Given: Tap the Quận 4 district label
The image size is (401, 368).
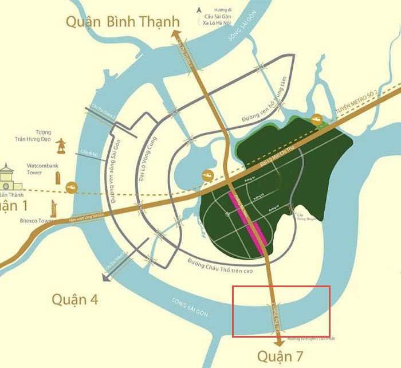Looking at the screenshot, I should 74,299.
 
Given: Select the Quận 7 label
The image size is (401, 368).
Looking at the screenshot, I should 280,355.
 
